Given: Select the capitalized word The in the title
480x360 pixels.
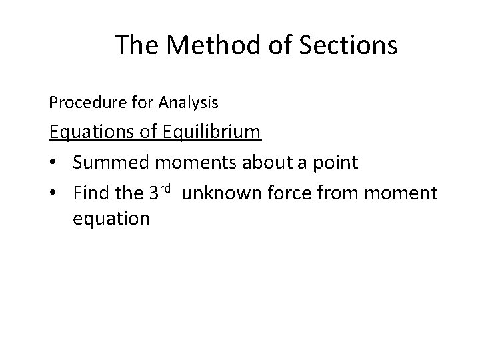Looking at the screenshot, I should click(x=137, y=45).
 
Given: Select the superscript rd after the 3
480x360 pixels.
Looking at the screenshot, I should click(x=167, y=189).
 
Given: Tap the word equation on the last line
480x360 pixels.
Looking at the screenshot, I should click(x=111, y=218).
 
